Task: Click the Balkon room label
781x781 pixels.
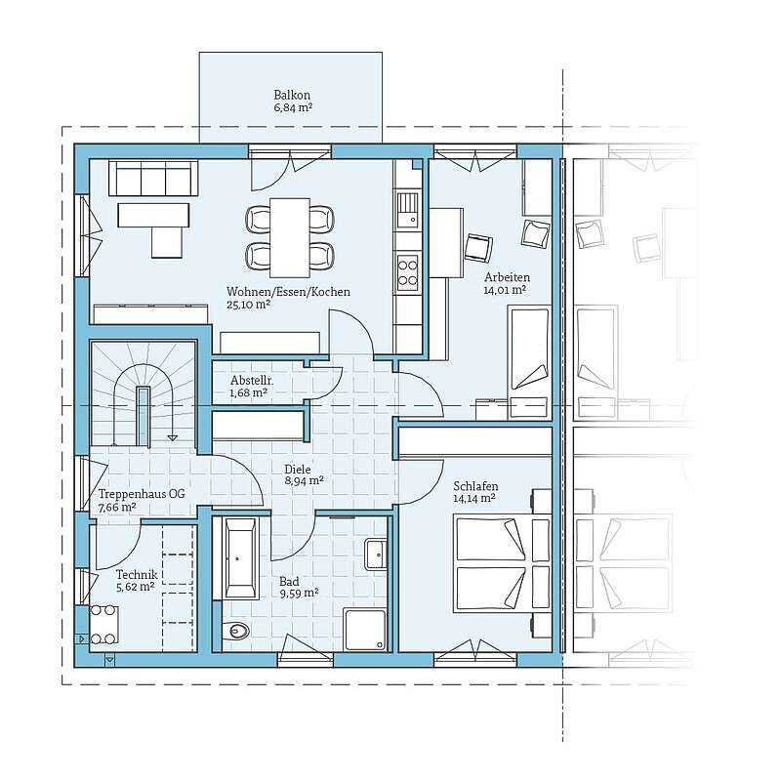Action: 292,95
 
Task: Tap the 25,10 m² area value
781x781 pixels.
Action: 249,305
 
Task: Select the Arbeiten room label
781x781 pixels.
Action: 507,277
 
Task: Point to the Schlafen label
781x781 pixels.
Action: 475,486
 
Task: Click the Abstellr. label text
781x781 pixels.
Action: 252,381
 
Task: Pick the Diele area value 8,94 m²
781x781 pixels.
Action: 305,480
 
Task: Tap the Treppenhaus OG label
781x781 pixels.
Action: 142,494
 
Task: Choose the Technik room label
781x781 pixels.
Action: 137,575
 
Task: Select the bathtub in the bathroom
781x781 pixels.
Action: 241,557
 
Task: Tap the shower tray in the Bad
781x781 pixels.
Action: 364,630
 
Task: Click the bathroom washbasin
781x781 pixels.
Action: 376,554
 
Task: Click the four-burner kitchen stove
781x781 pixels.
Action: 407,272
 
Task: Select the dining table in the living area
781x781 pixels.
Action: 290,237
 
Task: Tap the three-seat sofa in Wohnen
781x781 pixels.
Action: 153,178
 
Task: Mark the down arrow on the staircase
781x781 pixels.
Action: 173,437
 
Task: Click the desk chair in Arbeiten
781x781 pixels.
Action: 478,247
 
